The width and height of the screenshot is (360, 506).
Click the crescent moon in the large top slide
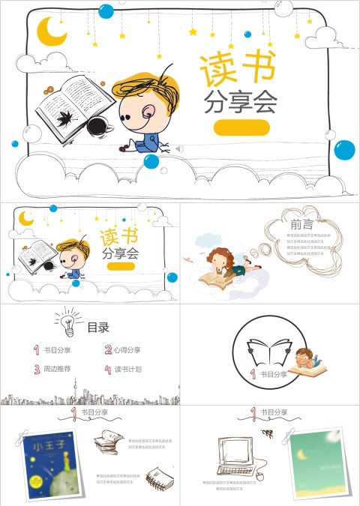coord(52,31)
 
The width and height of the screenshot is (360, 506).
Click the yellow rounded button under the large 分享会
coord(241,127)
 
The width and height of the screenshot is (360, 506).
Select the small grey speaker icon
coord(179,149)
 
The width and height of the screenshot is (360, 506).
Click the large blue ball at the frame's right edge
coord(343,149)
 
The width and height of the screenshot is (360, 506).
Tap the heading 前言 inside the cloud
coord(301,224)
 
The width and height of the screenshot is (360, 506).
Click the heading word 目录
coord(98,327)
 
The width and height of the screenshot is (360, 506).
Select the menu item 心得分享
coord(127,349)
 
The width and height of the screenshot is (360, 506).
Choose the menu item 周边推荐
coord(56,369)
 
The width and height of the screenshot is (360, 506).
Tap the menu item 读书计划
coord(127,369)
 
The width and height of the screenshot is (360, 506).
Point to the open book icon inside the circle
coord(269,352)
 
